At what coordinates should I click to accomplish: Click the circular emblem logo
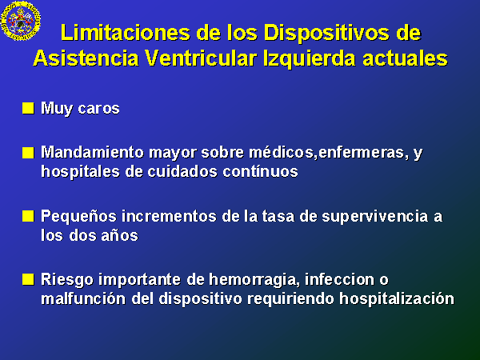pos(21,20)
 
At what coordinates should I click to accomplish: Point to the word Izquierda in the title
pos(309,59)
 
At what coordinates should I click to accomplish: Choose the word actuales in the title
pos(405,58)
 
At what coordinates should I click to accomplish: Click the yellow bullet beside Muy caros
pos(28,108)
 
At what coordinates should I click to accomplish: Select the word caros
pos(98,109)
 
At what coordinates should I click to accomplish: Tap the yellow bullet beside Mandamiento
pos(28,153)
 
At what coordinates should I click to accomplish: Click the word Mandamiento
pos(92,152)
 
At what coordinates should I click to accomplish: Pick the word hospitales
pos(81,172)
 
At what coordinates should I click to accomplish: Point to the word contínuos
pos(260,171)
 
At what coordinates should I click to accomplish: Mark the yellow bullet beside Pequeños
pos(28,216)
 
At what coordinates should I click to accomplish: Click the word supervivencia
pos(374,217)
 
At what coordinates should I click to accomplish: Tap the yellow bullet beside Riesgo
pos(28,279)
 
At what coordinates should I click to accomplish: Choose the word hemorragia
pos(254,280)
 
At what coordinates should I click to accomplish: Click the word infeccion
pos(339,279)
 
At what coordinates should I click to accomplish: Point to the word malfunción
pos(83,298)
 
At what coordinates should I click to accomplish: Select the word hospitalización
pos(397,299)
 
